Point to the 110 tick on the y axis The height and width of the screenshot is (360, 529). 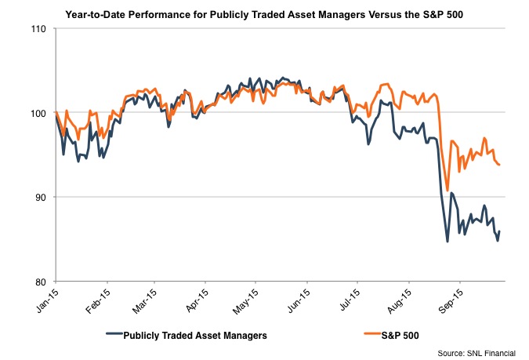[38, 29]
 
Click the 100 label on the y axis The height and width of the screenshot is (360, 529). [38, 113]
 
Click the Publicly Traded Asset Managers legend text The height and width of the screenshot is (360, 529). [196, 336]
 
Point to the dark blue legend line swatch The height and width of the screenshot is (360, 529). [115, 336]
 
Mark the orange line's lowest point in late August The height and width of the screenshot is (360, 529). [447, 191]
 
